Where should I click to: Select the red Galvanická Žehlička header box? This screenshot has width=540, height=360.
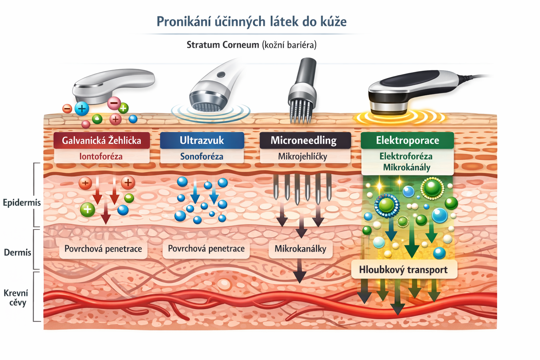(x=102, y=140)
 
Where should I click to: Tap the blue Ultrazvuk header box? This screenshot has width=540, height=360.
(x=202, y=140)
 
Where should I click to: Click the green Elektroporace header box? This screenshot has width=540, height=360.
(x=407, y=140)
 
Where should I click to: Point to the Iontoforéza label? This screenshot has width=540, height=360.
(x=101, y=156)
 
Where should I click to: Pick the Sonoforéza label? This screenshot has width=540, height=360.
(x=202, y=156)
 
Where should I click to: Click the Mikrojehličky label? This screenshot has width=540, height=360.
(x=303, y=156)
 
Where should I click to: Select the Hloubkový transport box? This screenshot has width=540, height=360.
(x=403, y=270)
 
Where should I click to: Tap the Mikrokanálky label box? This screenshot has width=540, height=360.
(x=300, y=249)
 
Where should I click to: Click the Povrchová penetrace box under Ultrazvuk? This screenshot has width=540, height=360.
(x=206, y=249)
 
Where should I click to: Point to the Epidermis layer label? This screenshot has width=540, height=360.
(x=22, y=203)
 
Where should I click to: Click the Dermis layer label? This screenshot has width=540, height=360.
(x=18, y=252)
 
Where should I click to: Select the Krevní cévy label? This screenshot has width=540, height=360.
(x=16, y=298)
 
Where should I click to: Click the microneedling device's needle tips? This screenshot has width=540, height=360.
(x=301, y=118)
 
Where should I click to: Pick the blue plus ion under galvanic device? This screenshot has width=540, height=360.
(x=82, y=109)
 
